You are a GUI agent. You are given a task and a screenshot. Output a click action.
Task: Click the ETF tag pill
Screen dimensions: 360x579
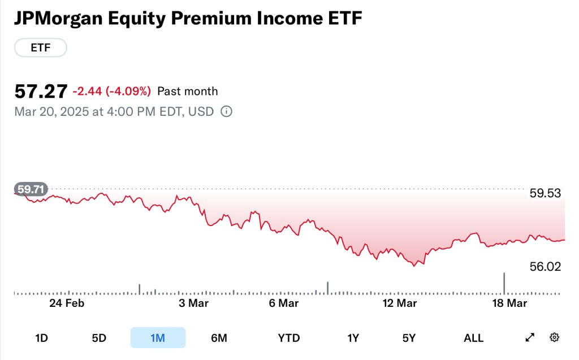(40, 48)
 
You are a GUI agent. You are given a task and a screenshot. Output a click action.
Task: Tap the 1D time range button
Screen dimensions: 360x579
(41, 338)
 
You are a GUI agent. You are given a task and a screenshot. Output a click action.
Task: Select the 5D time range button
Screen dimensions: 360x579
(99, 338)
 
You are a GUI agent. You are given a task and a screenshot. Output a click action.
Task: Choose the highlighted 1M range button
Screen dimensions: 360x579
(158, 338)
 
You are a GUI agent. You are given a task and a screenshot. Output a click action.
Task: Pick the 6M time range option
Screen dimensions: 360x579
(219, 338)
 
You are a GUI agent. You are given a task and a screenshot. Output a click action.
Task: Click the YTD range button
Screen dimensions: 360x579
(289, 338)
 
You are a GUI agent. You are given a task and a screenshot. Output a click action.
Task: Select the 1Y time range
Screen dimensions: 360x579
(353, 338)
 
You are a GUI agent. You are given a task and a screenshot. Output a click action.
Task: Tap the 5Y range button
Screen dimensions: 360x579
(409, 338)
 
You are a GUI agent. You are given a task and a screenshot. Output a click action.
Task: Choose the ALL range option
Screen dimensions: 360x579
(473, 338)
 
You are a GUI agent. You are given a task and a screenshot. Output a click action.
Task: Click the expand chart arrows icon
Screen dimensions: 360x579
(530, 337)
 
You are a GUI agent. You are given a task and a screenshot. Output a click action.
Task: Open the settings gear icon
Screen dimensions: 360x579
(555, 337)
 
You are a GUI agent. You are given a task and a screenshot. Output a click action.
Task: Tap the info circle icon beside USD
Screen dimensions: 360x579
(226, 111)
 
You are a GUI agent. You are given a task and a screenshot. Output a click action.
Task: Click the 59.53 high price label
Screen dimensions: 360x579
(545, 193)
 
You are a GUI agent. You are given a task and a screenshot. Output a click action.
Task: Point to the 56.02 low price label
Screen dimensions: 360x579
(545, 267)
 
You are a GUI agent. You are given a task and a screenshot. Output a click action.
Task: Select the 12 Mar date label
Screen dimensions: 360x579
(399, 303)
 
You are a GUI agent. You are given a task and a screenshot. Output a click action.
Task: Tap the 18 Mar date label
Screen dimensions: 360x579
(509, 303)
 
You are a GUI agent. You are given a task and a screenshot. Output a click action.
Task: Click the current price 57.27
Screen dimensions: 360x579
(41, 91)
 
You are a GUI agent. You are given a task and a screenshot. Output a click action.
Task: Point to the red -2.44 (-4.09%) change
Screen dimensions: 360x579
(111, 91)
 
